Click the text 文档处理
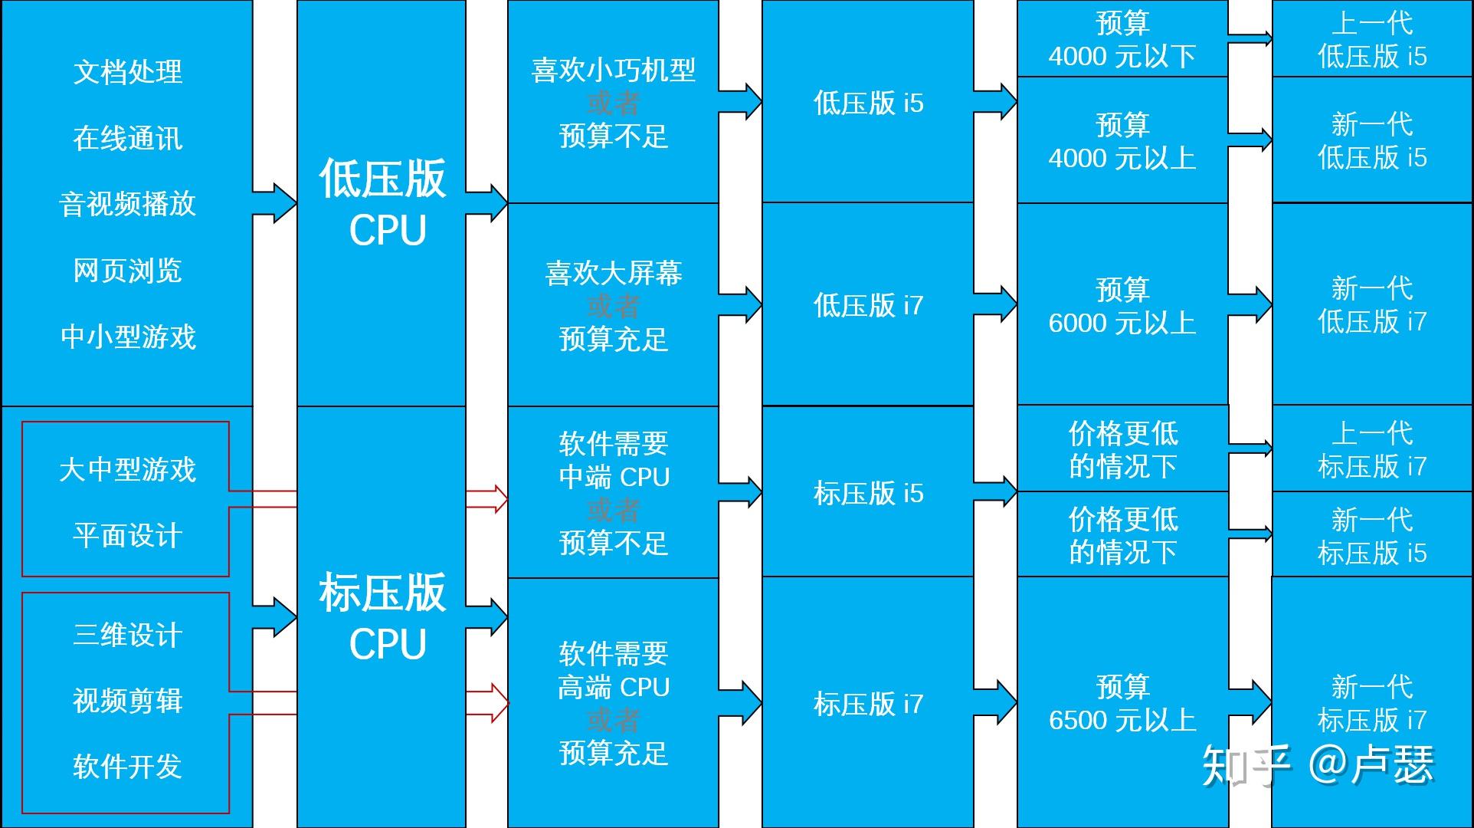[x=128, y=72]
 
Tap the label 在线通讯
[x=128, y=139]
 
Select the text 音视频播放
[x=128, y=205]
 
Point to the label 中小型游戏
[x=128, y=337]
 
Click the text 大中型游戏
[x=128, y=470]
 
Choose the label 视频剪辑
[x=128, y=701]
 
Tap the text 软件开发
[x=128, y=767]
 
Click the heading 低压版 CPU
[x=382, y=203]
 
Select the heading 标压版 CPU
[x=382, y=616]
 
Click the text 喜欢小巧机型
[x=614, y=71]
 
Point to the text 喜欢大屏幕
[x=614, y=274]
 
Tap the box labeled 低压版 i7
[x=868, y=305]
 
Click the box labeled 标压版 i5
[x=868, y=494]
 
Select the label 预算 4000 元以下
[x=1122, y=40]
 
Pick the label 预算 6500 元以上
[x=1122, y=704]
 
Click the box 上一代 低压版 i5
[x=1372, y=40]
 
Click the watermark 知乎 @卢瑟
[x=1318, y=765]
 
